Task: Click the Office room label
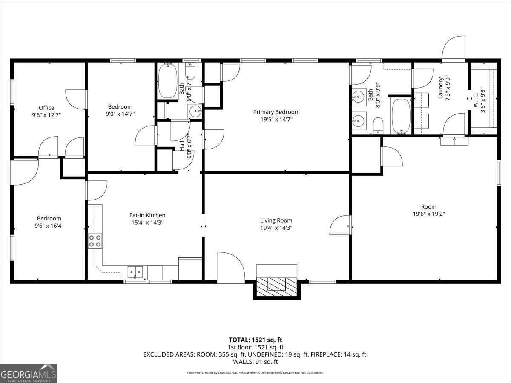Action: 46,108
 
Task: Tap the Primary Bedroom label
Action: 276,112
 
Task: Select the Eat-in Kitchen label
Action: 147,215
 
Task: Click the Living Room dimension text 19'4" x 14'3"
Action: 276,228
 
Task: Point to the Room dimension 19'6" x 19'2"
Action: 428,214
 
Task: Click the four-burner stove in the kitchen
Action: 95,241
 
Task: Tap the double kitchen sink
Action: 136,271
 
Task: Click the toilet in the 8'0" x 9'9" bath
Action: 378,126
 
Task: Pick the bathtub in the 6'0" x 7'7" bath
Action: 168,81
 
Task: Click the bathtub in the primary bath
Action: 400,116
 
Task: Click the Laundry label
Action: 440,88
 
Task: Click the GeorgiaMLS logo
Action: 29,373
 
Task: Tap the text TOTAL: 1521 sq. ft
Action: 255,340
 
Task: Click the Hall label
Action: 182,146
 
